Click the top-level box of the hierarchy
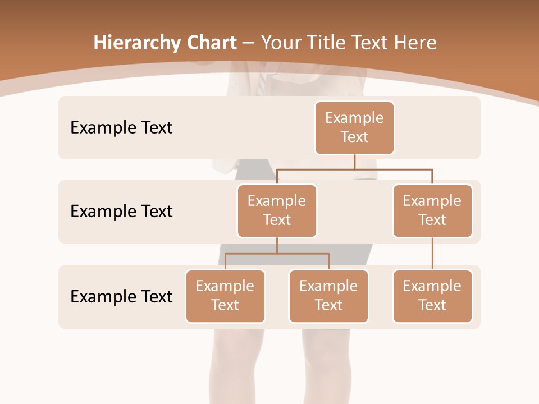pyautogui.click(x=354, y=128)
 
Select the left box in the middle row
pyautogui.click(x=277, y=211)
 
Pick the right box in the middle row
pyautogui.click(x=432, y=211)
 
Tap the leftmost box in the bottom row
pyautogui.click(x=225, y=296)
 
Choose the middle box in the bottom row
pyautogui.click(x=328, y=296)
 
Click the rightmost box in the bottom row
pyautogui.click(x=432, y=296)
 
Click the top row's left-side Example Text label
pyautogui.click(x=121, y=128)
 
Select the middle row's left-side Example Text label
pyautogui.click(x=121, y=212)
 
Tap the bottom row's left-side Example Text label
pyautogui.click(x=121, y=296)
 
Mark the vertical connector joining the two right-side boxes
pyautogui.click(x=432, y=254)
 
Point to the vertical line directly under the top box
pyautogui.click(x=354, y=162)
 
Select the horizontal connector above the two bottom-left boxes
pyautogui.click(x=277, y=254)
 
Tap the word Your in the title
pyautogui.click(x=280, y=43)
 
